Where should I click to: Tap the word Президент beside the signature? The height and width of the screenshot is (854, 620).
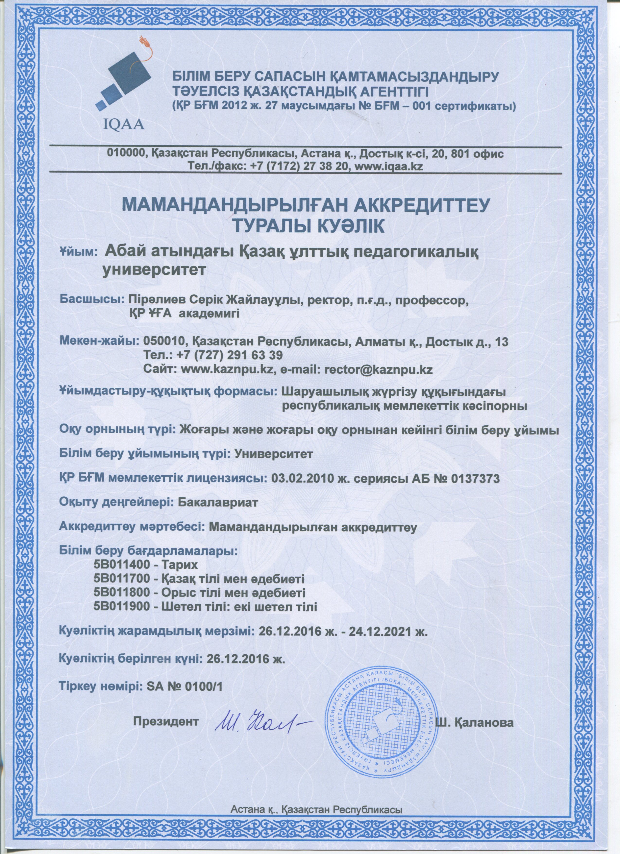[x=166, y=722]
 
